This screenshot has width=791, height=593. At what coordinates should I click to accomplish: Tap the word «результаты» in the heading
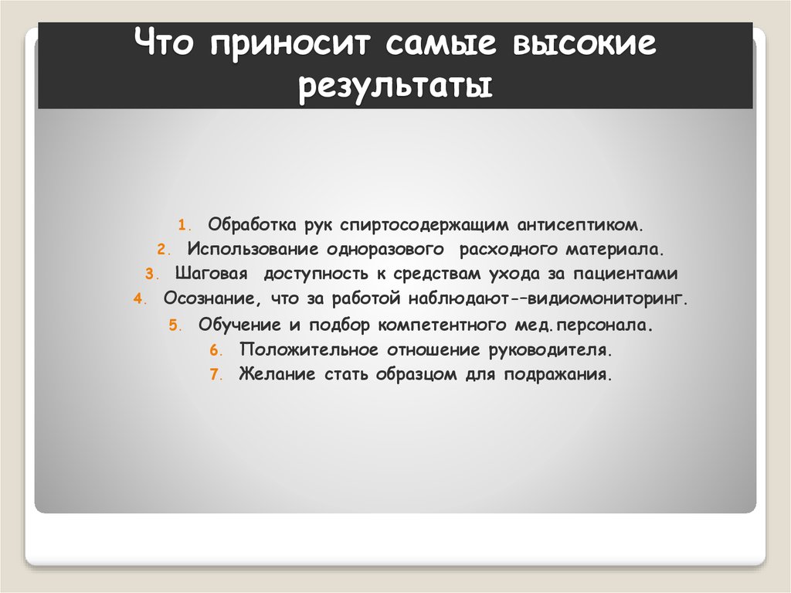point(395,87)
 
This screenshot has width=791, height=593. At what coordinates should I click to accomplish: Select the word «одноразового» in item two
point(384,250)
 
